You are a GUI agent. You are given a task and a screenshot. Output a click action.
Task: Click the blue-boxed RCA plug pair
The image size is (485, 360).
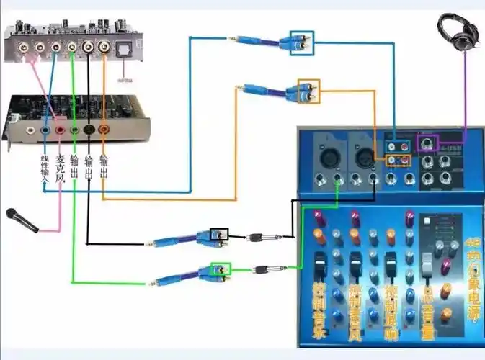(x=302, y=41)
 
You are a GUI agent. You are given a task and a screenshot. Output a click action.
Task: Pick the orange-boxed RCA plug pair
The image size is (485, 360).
(x=308, y=91)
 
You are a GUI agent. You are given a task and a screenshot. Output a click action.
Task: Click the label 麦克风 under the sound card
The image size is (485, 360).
(x=60, y=167)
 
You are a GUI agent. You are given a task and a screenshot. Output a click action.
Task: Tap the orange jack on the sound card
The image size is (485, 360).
(x=104, y=130)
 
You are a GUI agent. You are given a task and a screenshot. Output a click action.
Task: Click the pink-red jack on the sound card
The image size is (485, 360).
(x=60, y=131)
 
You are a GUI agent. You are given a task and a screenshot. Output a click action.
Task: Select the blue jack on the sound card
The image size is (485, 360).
(x=45, y=131)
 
